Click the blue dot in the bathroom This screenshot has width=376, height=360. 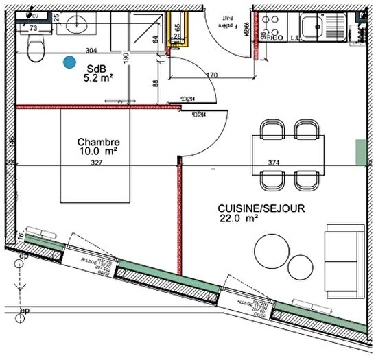tap(69, 62)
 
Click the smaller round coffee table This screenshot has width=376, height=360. tap(300, 266)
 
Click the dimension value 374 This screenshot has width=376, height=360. tap(274, 163)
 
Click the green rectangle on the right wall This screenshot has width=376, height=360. tap(361, 152)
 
